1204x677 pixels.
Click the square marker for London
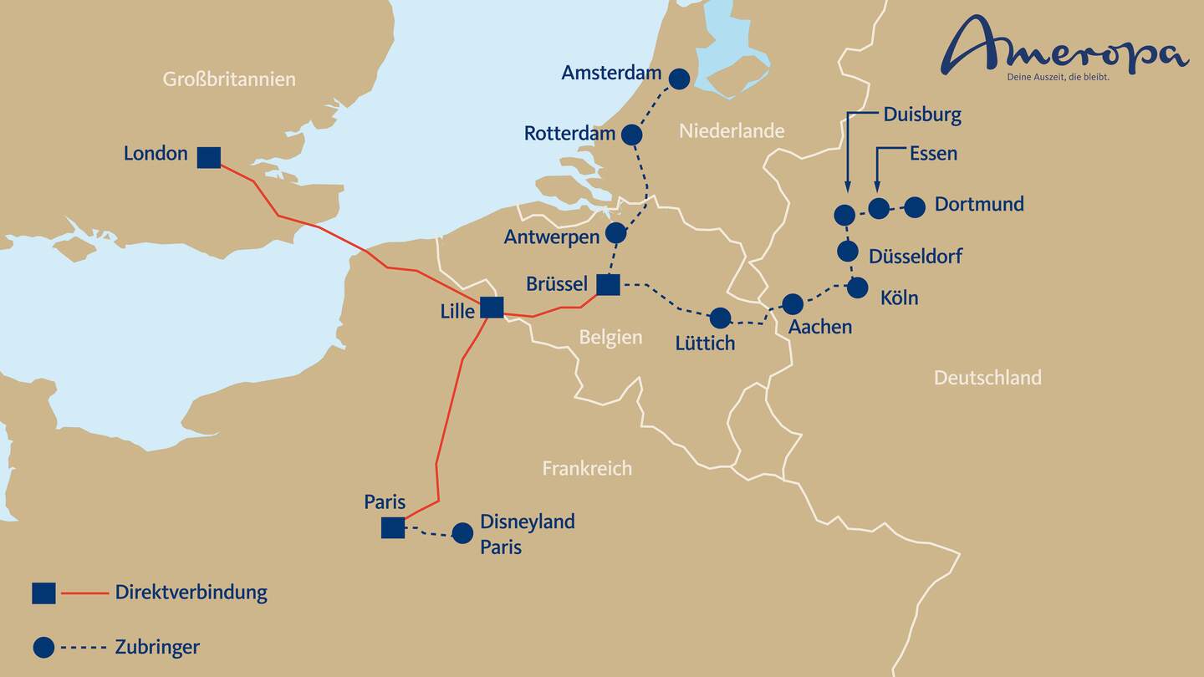(209, 156)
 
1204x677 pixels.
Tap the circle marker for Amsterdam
(680, 79)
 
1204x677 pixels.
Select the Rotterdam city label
(569, 134)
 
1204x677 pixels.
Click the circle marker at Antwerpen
(615, 232)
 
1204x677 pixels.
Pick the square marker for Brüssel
(608, 284)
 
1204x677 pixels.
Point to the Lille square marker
(492, 308)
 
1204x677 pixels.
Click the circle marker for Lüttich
(719, 318)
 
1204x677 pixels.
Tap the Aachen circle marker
(793, 303)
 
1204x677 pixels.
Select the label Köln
(899, 298)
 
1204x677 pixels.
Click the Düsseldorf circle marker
(848, 250)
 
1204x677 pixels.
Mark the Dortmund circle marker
(915, 206)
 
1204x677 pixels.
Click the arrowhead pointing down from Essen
(877, 187)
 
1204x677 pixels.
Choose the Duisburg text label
(922, 115)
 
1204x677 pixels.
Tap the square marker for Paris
(393, 527)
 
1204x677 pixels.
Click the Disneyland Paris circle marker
(462, 533)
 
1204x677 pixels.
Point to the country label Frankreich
(587, 468)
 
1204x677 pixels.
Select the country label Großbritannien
(229, 79)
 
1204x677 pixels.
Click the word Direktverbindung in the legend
(191, 593)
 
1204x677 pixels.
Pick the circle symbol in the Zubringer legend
(43, 647)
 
